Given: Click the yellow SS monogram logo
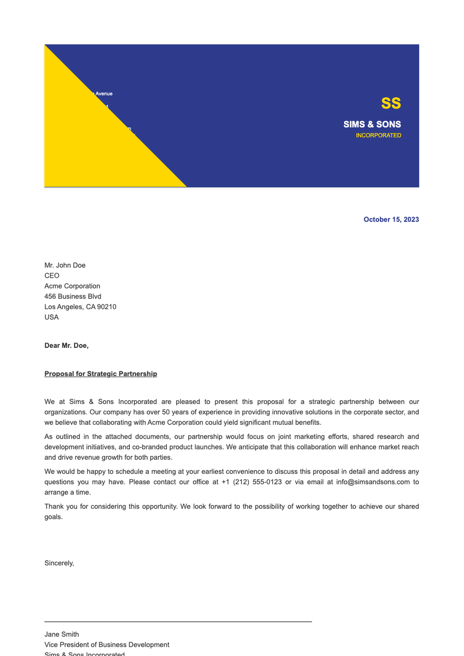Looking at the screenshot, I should [x=391, y=103].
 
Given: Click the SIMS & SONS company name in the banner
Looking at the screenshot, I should [x=372, y=124].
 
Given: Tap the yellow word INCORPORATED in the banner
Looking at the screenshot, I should [x=378, y=135].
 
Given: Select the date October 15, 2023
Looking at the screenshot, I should [x=391, y=220].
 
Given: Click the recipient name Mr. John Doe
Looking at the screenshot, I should [x=65, y=265].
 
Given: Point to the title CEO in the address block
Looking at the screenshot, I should [x=52, y=276].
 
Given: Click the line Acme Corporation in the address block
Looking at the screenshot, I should [x=72, y=286].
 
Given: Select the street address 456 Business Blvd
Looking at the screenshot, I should [x=73, y=296].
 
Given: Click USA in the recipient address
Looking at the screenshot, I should [x=51, y=317].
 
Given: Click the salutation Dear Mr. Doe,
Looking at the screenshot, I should [x=67, y=346].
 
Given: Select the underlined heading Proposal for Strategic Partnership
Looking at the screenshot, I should [x=101, y=374].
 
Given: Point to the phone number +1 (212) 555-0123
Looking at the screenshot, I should [x=252, y=482].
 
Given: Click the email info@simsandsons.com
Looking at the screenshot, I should [x=373, y=482].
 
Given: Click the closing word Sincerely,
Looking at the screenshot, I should [x=59, y=563].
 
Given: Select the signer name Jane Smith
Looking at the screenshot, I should [x=61, y=634].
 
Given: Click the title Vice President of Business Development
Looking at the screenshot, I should [x=107, y=645].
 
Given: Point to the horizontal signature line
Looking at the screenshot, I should [x=178, y=622].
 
